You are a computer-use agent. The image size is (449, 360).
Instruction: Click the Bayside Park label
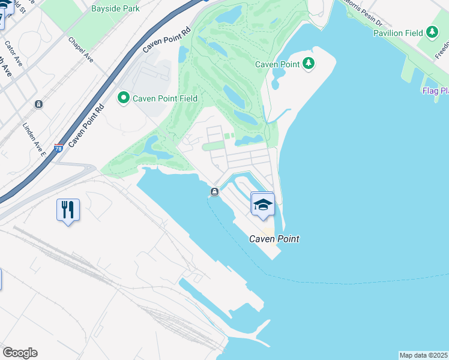pos(115,8)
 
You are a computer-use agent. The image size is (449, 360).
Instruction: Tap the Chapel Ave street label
pos(81,50)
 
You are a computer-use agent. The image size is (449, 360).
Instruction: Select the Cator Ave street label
pos(13,53)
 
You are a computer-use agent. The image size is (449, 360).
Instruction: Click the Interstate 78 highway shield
pos(58,148)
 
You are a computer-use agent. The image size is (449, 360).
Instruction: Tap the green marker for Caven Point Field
pos(124,97)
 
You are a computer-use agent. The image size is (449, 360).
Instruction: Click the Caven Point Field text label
pos(165,98)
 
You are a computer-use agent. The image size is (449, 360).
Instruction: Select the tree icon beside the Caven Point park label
pos(309,63)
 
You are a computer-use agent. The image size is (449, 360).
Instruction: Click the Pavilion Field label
pos(398,33)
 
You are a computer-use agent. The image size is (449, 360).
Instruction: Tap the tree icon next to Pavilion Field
pos(432,32)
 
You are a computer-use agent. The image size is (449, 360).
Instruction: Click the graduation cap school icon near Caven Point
pos(262,205)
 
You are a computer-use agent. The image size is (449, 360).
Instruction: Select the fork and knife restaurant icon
pos(68,210)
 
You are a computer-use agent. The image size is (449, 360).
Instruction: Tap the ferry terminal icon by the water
pos(214,191)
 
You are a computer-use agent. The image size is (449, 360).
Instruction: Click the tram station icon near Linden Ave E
pos(38,104)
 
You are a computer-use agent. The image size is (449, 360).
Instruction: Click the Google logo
pos(20,353)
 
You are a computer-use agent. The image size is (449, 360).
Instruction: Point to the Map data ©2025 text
pos(424,355)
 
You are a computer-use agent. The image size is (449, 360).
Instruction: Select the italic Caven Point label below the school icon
pos(274,239)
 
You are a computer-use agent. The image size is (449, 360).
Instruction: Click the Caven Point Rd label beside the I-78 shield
pos(86,124)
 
